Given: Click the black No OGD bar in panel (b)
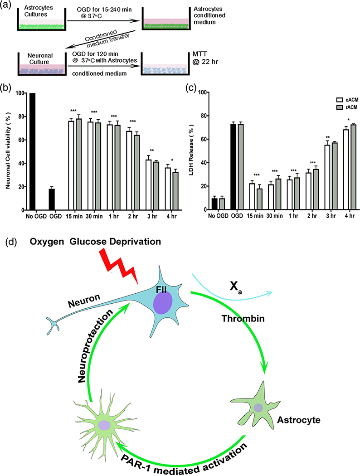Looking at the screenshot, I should [x=33, y=151].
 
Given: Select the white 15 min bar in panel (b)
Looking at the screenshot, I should [x=71, y=165].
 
